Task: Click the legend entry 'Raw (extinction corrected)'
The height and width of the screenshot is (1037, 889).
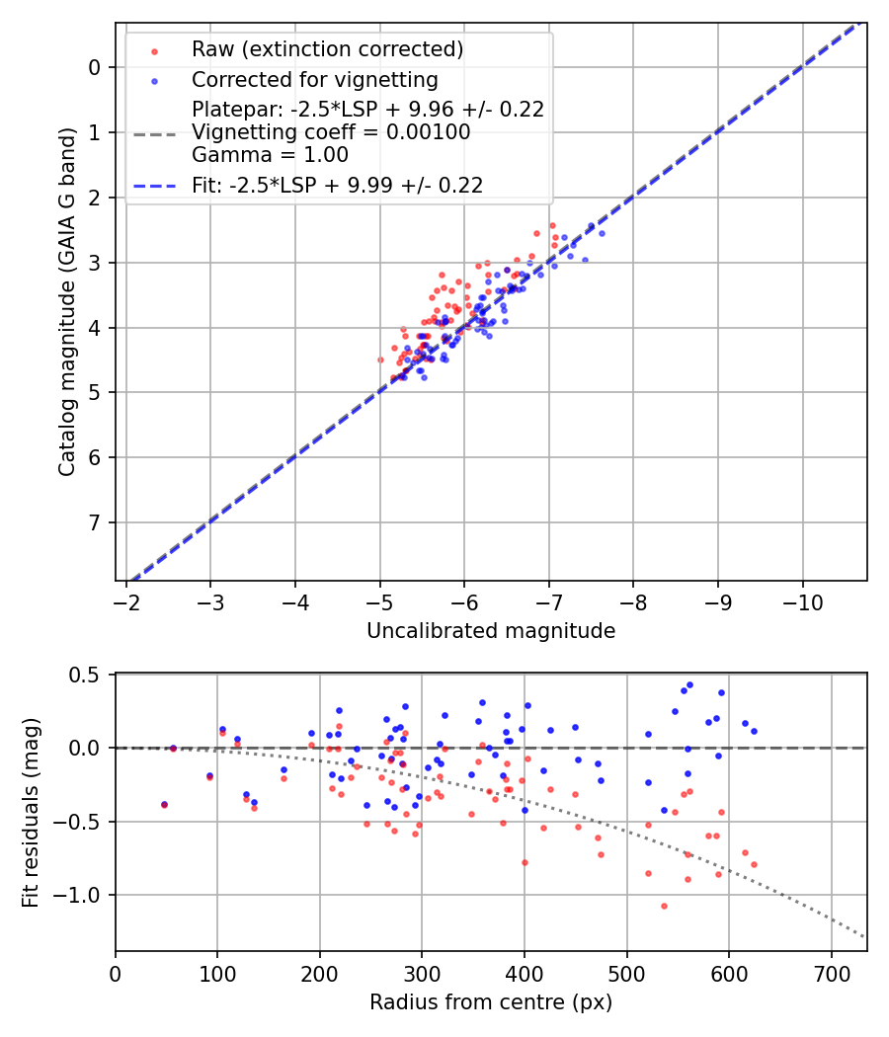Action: click(327, 49)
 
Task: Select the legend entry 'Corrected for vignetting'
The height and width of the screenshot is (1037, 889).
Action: click(314, 79)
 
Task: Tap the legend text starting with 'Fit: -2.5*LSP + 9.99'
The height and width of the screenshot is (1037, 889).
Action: click(337, 185)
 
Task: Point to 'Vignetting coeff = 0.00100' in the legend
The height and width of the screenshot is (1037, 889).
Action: click(331, 132)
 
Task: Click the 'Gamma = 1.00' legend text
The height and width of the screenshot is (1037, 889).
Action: click(270, 155)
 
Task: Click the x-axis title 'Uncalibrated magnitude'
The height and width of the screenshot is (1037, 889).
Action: click(491, 631)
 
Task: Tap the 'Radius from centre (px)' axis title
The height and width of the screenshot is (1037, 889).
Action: click(491, 1002)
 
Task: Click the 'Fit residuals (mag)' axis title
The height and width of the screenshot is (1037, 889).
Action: click(32, 812)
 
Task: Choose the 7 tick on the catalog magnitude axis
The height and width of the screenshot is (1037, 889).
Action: click(94, 522)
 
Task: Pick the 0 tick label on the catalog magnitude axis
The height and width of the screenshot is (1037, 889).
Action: click(94, 67)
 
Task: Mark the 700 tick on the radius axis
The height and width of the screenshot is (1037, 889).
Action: click(831, 973)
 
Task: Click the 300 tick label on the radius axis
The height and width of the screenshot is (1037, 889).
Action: click(422, 973)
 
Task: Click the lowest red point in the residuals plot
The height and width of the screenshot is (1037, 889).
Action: click(664, 906)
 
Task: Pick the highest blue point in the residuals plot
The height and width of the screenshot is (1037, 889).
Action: click(689, 684)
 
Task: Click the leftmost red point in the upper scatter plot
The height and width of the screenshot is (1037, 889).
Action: click(380, 359)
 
